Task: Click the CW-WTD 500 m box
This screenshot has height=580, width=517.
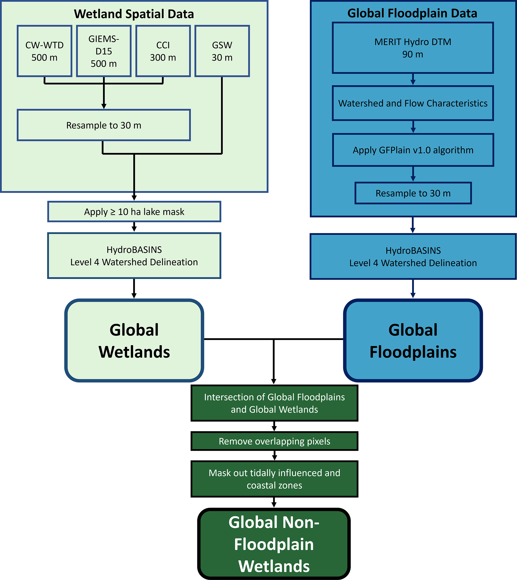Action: click(x=44, y=51)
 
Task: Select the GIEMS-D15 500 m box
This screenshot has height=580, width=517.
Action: click(x=104, y=51)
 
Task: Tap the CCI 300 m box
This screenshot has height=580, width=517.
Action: click(x=163, y=51)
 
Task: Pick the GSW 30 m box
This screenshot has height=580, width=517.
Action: click(x=222, y=51)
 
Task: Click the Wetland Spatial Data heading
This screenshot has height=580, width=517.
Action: click(x=134, y=14)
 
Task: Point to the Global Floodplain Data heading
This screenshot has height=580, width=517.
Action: click(x=412, y=13)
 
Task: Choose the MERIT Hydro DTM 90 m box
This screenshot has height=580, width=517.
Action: click(x=413, y=48)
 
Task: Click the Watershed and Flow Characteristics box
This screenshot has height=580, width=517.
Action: click(x=413, y=103)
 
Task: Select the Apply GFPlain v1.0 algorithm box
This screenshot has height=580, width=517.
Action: click(x=413, y=150)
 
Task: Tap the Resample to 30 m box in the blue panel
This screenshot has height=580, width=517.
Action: click(x=413, y=193)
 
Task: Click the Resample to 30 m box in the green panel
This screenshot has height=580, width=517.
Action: click(x=104, y=125)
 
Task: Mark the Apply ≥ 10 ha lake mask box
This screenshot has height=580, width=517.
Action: click(x=134, y=211)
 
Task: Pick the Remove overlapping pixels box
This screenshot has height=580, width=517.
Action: click(x=274, y=441)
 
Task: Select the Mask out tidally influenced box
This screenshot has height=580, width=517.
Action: click(x=274, y=479)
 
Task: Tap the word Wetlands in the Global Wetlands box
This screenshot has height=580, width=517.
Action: click(x=134, y=352)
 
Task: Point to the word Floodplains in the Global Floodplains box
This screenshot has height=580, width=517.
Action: click(x=413, y=352)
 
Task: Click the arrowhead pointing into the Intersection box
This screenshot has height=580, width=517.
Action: click(x=274, y=381)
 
